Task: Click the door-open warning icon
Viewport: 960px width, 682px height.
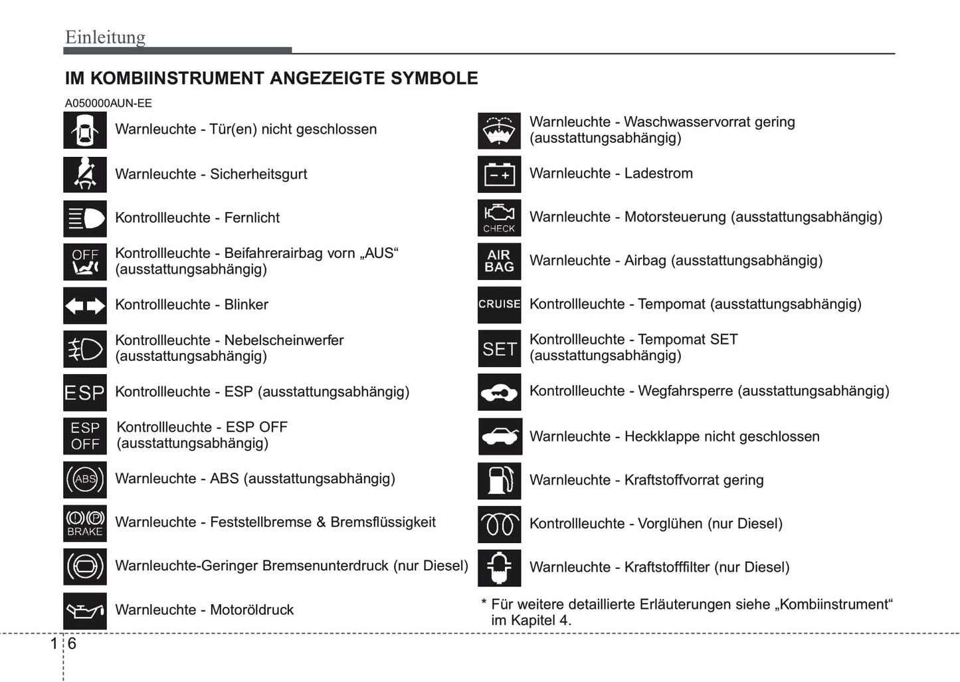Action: pos(85,130)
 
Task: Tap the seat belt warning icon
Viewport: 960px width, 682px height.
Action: pos(85,174)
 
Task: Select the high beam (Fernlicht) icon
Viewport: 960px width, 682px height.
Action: pos(85,218)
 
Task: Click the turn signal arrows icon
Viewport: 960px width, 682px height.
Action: pos(85,306)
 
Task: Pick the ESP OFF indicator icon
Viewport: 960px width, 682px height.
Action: pos(85,436)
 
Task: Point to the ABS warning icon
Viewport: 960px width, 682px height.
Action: pos(85,479)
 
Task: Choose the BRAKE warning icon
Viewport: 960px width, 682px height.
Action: pos(85,523)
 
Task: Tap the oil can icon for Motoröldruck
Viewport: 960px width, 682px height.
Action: pos(85,610)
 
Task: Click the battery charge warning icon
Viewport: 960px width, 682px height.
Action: pos(500,174)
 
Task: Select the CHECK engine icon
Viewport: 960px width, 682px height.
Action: pos(500,218)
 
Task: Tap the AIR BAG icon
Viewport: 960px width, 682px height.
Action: pos(500,261)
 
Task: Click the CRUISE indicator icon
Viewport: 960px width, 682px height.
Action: pos(500,304)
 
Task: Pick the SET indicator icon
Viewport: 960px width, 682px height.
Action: pos(500,348)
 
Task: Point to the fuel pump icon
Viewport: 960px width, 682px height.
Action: pos(500,481)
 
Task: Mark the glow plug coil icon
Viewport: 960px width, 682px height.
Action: pos(500,524)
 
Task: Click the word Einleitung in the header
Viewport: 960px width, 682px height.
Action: pos(105,37)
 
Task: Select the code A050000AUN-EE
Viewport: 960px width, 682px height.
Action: pos(108,104)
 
